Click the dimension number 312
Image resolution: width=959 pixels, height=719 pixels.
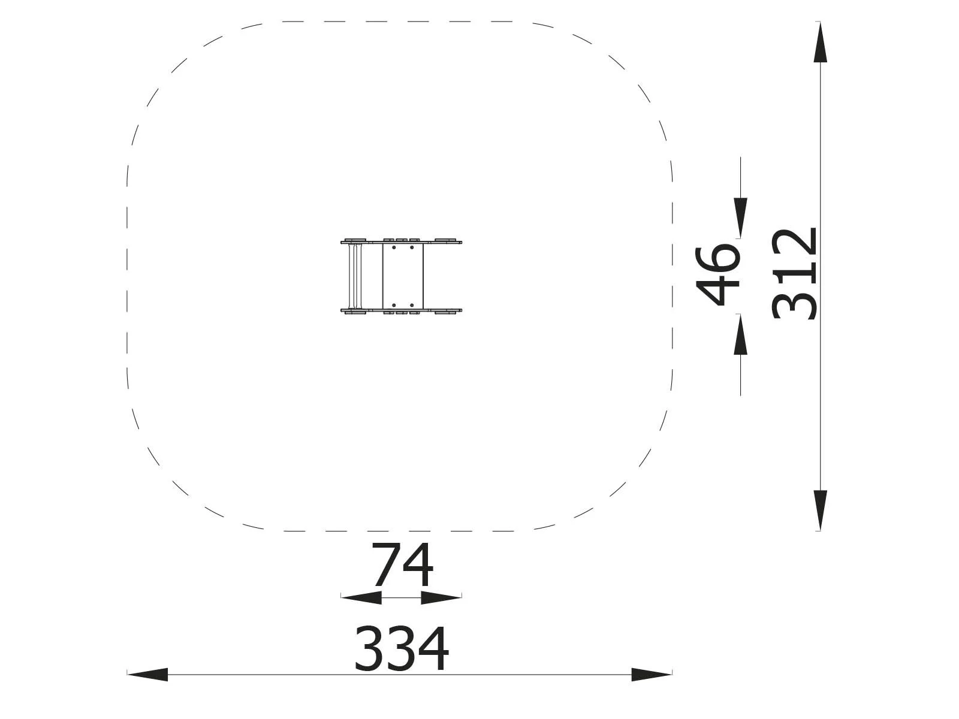pyautogui.click(x=795, y=274)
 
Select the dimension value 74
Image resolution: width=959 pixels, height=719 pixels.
pyautogui.click(x=402, y=566)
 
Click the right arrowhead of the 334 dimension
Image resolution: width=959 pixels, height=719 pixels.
pyautogui.click(x=652, y=675)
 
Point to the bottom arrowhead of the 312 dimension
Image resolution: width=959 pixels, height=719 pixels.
pyautogui.click(x=820, y=510)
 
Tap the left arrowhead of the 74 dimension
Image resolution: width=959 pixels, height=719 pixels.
pyautogui.click(x=361, y=597)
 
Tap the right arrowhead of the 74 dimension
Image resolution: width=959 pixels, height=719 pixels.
pyautogui.click(x=442, y=597)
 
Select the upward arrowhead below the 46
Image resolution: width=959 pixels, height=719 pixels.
pyautogui.click(x=741, y=334)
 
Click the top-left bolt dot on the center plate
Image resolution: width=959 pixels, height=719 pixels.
pyautogui.click(x=394, y=247)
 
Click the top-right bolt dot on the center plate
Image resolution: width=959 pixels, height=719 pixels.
pyautogui.click(x=412, y=247)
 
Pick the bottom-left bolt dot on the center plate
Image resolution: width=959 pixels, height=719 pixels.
pyautogui.click(x=394, y=306)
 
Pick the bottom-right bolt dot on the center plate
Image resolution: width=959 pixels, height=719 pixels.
pyautogui.click(x=412, y=306)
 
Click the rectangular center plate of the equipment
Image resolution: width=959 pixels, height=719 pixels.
pyautogui.click(x=403, y=276)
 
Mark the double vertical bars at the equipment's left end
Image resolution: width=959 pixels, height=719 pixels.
pyautogui.click(x=354, y=276)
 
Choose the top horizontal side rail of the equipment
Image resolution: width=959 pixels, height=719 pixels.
pyautogui.click(x=401, y=243)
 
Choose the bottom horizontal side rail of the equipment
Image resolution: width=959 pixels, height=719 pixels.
pyautogui.click(x=401, y=310)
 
